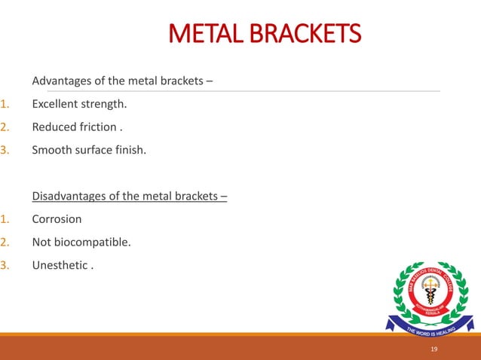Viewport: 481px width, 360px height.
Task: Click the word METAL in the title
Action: click(x=201, y=35)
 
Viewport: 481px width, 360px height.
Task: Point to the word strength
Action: click(x=105, y=104)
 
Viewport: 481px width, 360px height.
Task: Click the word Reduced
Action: click(x=53, y=127)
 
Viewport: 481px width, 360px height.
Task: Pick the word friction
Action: click(x=96, y=127)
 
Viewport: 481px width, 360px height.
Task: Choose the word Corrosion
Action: click(x=57, y=220)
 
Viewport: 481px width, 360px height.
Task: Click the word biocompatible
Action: click(x=91, y=243)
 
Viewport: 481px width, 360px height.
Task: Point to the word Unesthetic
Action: click(x=60, y=266)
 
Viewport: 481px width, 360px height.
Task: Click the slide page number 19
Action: click(x=434, y=349)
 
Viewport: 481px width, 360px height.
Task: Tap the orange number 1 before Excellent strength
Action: click(x=4, y=103)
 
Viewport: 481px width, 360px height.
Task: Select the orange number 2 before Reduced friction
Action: click(x=4, y=127)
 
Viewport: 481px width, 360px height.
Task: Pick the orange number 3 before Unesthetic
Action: click(x=4, y=266)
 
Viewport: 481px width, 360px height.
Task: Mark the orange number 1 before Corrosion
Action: click(x=4, y=220)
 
